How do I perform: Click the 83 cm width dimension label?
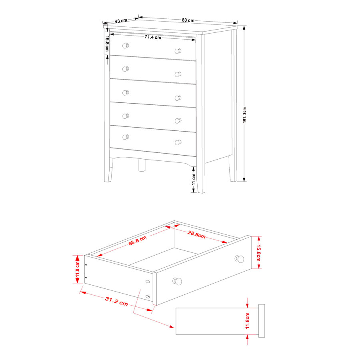[x=188, y=20]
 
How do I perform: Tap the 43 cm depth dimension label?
[x=121, y=21]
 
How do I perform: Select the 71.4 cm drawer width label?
[x=153, y=37]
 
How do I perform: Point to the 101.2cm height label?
[x=244, y=115]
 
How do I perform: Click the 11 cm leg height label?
[x=194, y=179]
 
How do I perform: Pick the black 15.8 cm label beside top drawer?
[x=107, y=44]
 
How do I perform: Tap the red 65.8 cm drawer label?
[x=137, y=241]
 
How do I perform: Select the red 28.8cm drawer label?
[x=196, y=234]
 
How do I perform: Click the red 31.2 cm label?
[x=116, y=301]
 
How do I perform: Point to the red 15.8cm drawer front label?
[x=258, y=253]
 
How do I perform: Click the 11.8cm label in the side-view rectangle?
[x=247, y=321]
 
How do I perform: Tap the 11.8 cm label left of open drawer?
[x=77, y=269]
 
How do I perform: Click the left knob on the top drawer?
[x=125, y=46]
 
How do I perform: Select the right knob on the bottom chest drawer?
[x=178, y=142]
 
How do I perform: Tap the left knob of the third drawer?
[x=125, y=93]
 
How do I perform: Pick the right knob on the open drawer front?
[x=239, y=259]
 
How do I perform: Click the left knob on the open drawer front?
[x=177, y=281]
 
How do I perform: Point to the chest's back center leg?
[x=142, y=165]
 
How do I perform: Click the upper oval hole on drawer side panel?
[x=148, y=282]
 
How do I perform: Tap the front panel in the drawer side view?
[x=262, y=321]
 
